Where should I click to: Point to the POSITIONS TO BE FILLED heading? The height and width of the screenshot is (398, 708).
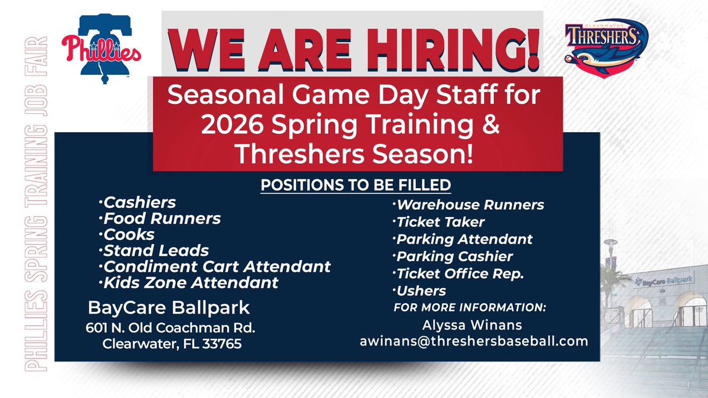click(x=356, y=185)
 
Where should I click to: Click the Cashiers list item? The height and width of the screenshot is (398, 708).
click(x=140, y=202)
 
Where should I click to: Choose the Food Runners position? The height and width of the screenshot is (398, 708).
click(x=162, y=219)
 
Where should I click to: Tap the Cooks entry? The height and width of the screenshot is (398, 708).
click(x=129, y=235)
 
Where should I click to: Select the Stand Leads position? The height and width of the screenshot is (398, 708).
click(x=156, y=251)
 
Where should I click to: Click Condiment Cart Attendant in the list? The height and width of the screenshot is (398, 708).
click(x=217, y=267)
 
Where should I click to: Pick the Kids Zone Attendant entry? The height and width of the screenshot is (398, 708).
click(x=191, y=282)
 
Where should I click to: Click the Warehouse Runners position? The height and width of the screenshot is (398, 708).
click(x=470, y=205)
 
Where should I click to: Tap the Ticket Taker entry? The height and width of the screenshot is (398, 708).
click(x=441, y=222)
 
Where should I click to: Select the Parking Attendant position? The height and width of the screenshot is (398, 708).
click(x=464, y=239)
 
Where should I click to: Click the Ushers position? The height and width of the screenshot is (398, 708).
click(x=421, y=291)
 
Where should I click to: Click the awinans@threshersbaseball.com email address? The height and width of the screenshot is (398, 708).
click(x=474, y=341)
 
